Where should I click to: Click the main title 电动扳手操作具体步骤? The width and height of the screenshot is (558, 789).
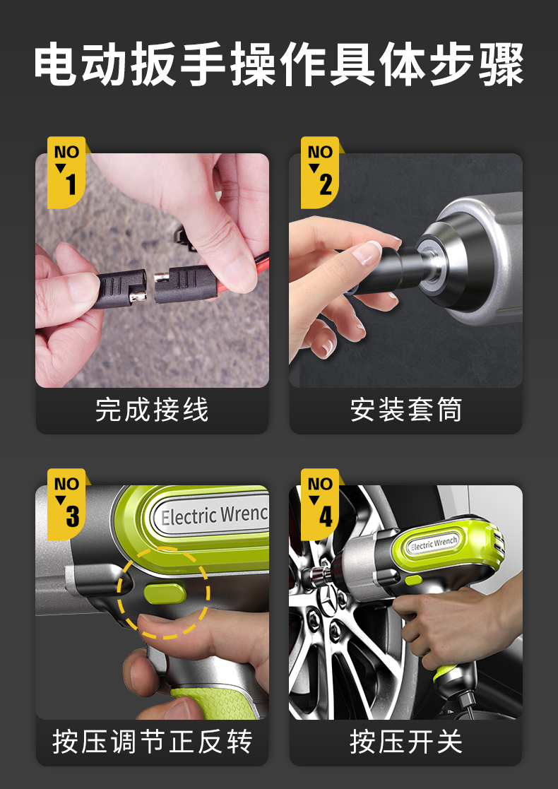(x=279, y=64)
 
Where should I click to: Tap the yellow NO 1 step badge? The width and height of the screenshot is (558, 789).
(x=66, y=172)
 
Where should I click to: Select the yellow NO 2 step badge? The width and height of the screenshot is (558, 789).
(x=320, y=172)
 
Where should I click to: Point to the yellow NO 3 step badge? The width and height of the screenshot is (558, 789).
(x=66, y=504)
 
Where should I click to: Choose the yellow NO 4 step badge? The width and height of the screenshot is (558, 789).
(x=320, y=504)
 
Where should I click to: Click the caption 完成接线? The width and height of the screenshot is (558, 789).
(x=152, y=410)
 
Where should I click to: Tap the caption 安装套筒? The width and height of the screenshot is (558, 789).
(x=405, y=410)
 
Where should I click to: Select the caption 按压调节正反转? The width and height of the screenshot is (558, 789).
(x=152, y=742)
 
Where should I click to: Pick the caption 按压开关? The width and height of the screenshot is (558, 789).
(x=405, y=742)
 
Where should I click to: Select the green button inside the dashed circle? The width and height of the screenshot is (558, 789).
(x=165, y=594)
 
